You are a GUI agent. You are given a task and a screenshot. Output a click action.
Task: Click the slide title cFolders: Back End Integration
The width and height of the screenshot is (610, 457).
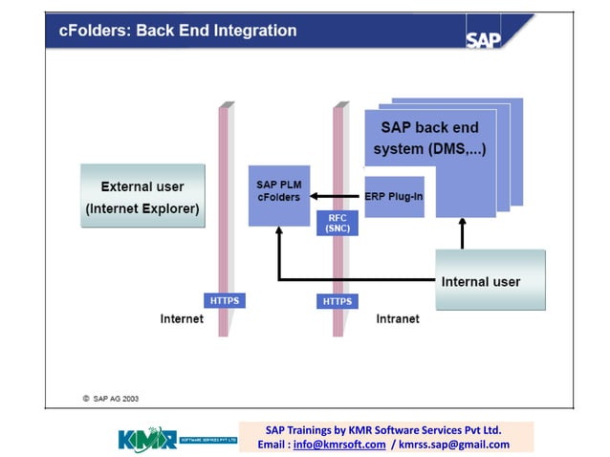pyautogui.click(x=178, y=31)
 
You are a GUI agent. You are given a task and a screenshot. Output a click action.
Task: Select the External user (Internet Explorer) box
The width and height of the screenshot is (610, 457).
pyautogui.click(x=142, y=197)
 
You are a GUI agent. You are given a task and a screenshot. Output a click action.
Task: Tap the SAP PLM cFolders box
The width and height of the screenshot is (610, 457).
pyautogui.click(x=278, y=191)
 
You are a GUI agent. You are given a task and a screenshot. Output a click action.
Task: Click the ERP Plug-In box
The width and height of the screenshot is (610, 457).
pyautogui.click(x=394, y=197)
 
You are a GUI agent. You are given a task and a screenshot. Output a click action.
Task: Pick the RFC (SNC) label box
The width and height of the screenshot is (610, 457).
pyautogui.click(x=337, y=223)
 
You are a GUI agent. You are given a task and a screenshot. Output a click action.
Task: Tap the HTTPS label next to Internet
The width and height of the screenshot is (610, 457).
pyautogui.click(x=224, y=300)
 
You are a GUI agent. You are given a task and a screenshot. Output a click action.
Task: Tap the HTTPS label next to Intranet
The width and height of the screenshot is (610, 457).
pyautogui.click(x=337, y=301)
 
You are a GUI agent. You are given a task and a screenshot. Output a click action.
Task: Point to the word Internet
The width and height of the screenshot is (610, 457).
pyautogui.click(x=182, y=319)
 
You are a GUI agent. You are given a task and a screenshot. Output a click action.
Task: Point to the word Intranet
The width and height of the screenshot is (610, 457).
pyautogui.click(x=397, y=319)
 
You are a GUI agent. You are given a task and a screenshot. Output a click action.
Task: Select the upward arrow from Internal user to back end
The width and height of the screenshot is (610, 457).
pyautogui.click(x=463, y=234)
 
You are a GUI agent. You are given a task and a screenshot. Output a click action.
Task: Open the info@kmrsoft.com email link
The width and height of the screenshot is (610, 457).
pyautogui.click(x=339, y=445)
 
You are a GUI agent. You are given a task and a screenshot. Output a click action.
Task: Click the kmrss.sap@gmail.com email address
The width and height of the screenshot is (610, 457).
pyautogui.click(x=454, y=445)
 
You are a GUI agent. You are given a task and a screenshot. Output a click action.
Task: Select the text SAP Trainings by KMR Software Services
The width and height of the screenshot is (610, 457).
pyautogui.click(x=382, y=429)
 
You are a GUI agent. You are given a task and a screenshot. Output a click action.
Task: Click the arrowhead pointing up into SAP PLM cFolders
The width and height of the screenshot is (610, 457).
pyautogui.click(x=278, y=232)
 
